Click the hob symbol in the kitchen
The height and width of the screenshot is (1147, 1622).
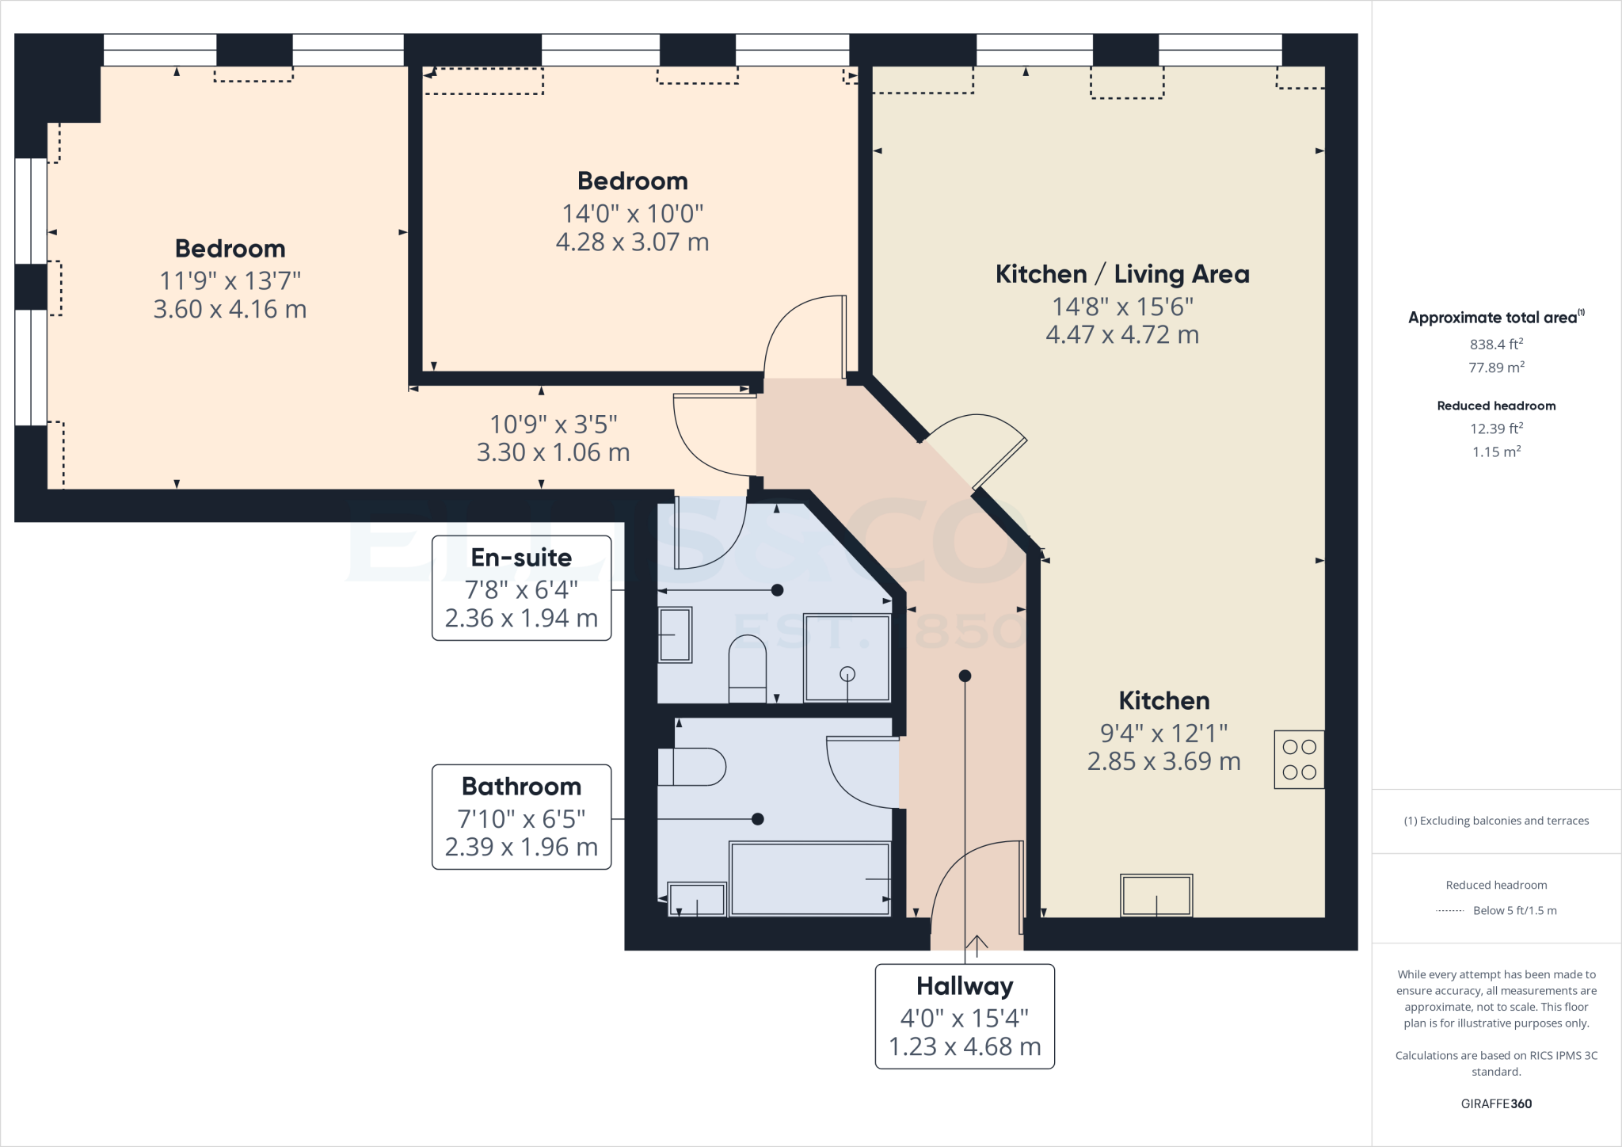[1299, 759]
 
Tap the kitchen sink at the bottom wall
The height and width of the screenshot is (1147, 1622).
[1156, 895]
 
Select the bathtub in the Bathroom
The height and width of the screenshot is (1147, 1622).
[809, 879]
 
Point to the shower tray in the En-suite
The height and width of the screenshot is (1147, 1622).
[847, 657]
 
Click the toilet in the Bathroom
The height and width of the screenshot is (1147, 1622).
[691, 767]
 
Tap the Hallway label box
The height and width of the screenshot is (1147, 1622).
[965, 1016]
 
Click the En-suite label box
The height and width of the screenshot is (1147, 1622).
[521, 588]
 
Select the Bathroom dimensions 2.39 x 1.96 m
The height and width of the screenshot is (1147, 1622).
[521, 847]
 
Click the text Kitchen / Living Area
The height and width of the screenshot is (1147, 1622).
[1122, 274]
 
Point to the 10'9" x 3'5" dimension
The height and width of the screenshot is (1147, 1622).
[553, 425]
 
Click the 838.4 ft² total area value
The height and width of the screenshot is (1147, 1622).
[1496, 345]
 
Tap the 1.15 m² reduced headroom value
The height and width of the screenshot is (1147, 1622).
[1496, 452]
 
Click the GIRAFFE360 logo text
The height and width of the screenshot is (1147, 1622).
[1496, 1103]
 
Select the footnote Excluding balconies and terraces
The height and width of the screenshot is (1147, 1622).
[1496, 821]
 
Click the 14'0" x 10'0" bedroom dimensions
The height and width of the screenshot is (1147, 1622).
[632, 213]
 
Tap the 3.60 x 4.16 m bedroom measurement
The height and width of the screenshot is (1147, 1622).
[230, 309]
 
